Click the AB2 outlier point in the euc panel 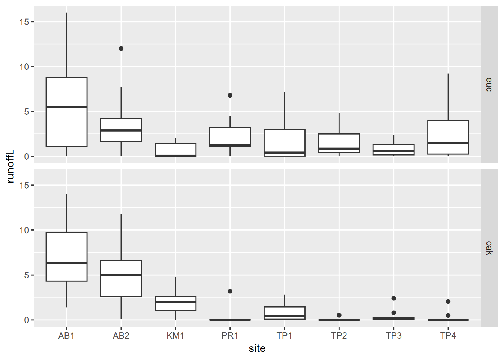point(121,49)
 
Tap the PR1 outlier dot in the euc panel point(230,95)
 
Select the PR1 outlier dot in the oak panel point(230,291)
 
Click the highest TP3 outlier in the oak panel point(393,298)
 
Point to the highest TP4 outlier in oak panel point(448,301)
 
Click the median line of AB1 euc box point(67,107)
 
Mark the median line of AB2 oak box point(121,275)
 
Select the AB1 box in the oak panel point(67,247)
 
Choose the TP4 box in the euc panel point(448,131)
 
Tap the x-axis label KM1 point(175,336)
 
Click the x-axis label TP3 point(393,336)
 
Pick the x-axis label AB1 point(66,336)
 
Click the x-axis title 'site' point(257,348)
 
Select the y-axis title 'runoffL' point(10,166)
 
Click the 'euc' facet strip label point(489,85)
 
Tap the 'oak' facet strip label point(489,248)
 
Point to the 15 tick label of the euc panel point(24,22)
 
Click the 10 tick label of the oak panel point(24,230)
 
